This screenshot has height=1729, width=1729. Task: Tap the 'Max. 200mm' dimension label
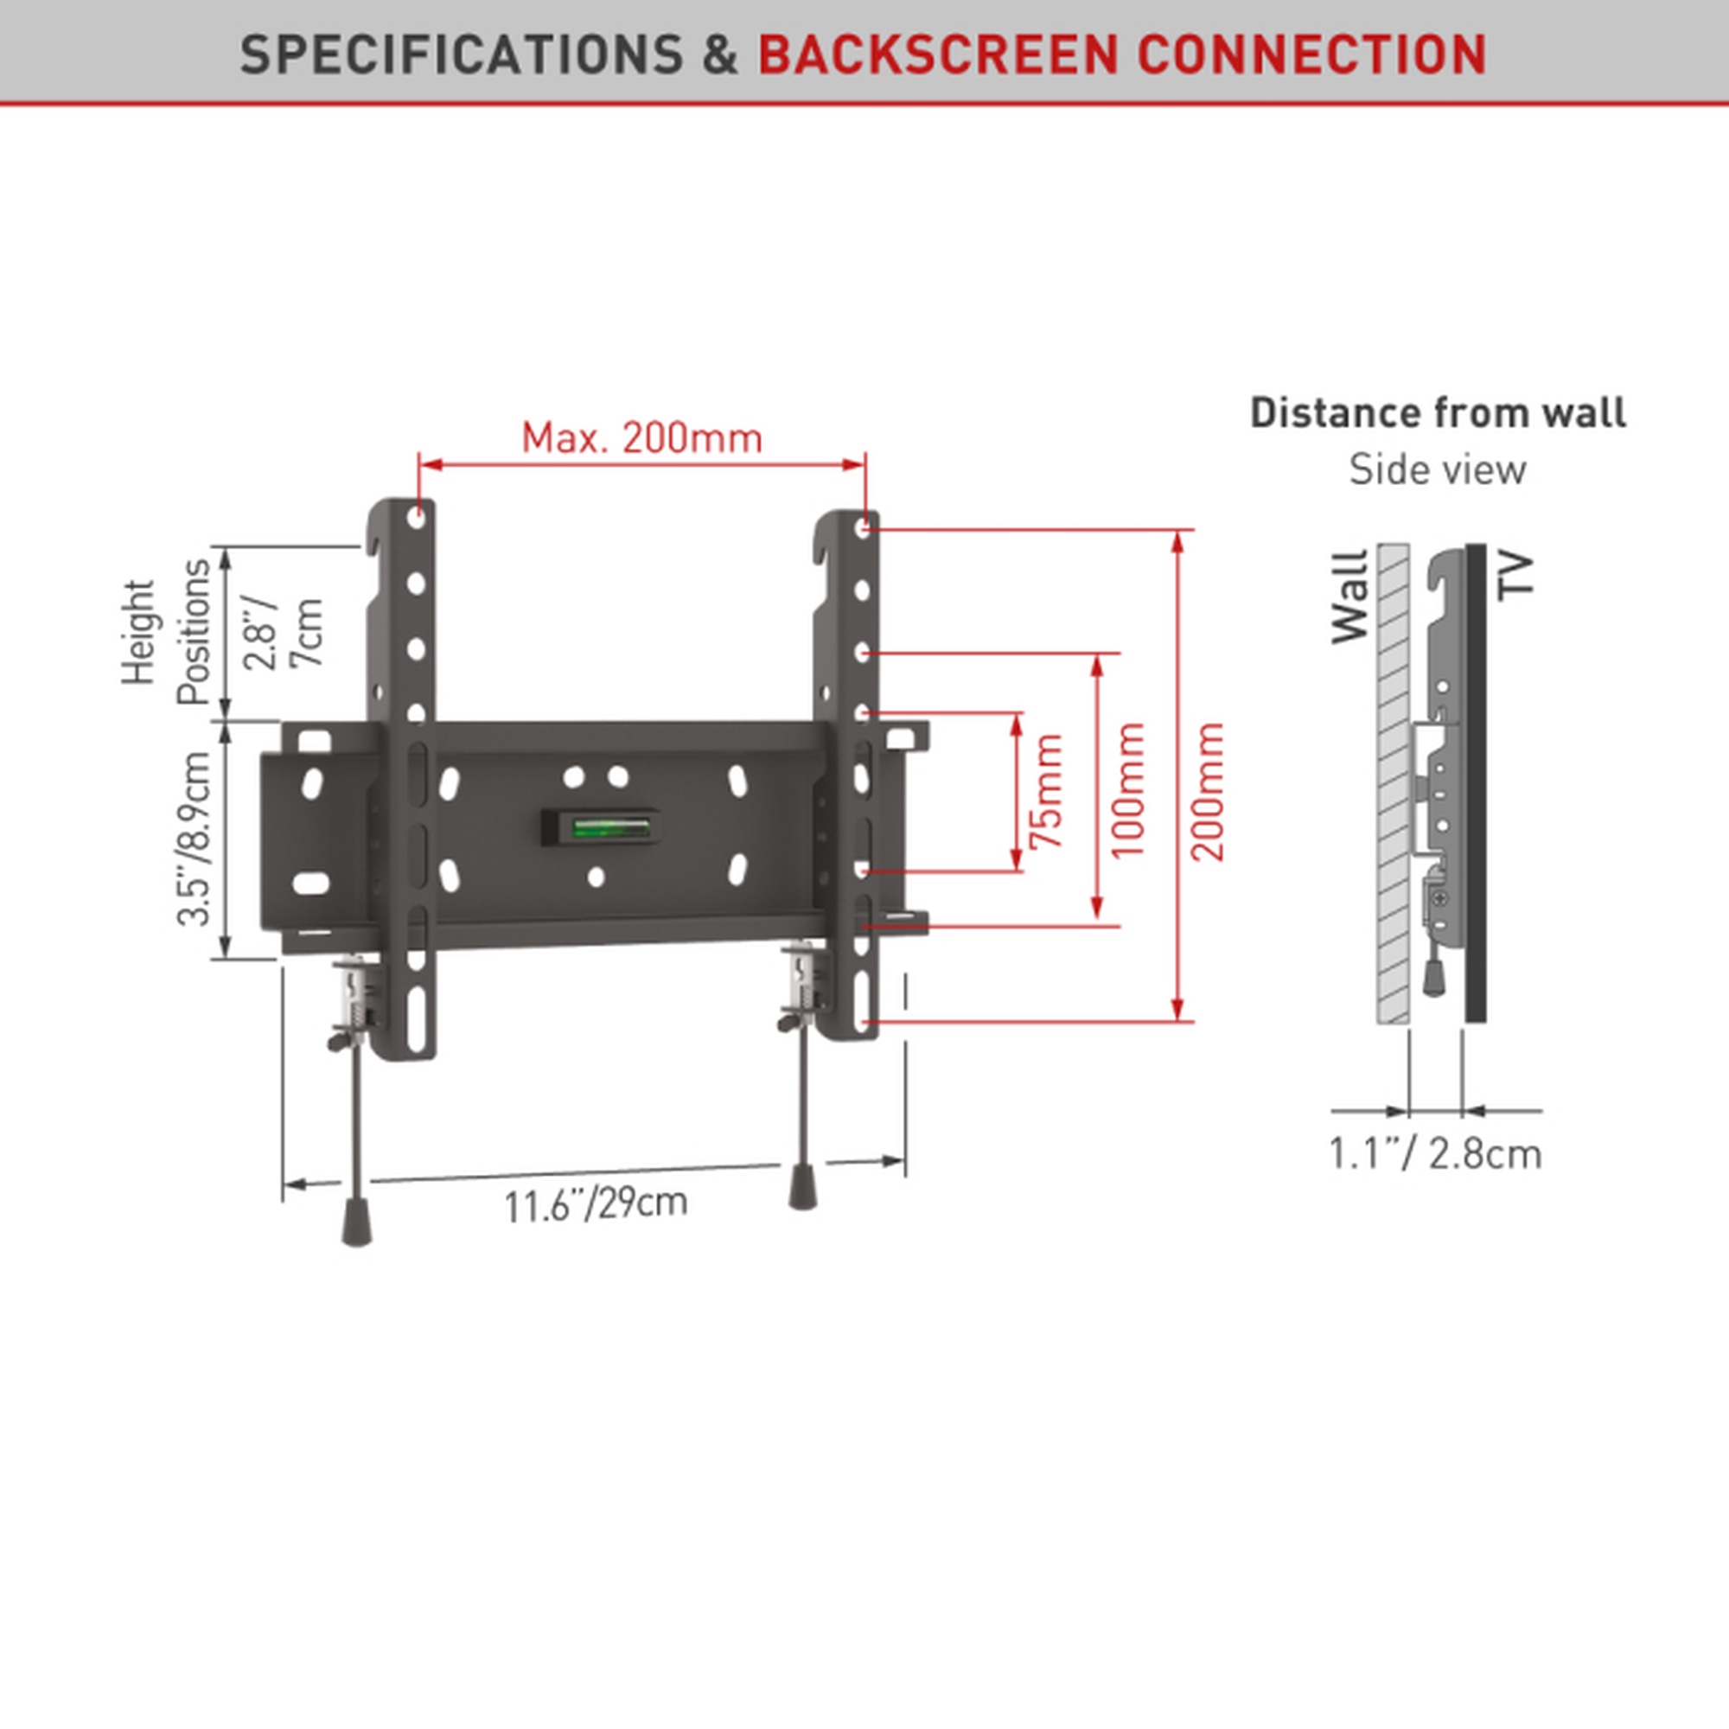[x=641, y=437]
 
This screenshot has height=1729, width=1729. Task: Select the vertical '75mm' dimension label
[x=1046, y=791]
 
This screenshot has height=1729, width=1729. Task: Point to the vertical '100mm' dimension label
[x=1127, y=790]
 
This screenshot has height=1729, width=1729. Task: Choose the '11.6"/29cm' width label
[x=596, y=1204]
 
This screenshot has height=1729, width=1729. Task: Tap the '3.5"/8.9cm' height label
[x=195, y=838]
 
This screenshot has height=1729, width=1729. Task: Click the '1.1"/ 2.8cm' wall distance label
[x=1435, y=1153]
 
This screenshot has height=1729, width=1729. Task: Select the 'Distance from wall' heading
[x=1438, y=412]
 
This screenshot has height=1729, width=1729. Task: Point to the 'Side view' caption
[x=1438, y=469]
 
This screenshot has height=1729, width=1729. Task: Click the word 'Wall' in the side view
[x=1350, y=597]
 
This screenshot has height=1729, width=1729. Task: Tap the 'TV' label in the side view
[x=1516, y=575]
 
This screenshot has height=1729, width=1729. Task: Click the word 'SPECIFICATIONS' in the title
[x=462, y=54]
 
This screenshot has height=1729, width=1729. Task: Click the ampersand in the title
[x=720, y=54]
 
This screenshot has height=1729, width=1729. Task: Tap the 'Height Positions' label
[x=168, y=633]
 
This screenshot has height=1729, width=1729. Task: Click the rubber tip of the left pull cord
[x=356, y=1223]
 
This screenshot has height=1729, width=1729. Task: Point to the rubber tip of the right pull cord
[x=802, y=1187]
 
